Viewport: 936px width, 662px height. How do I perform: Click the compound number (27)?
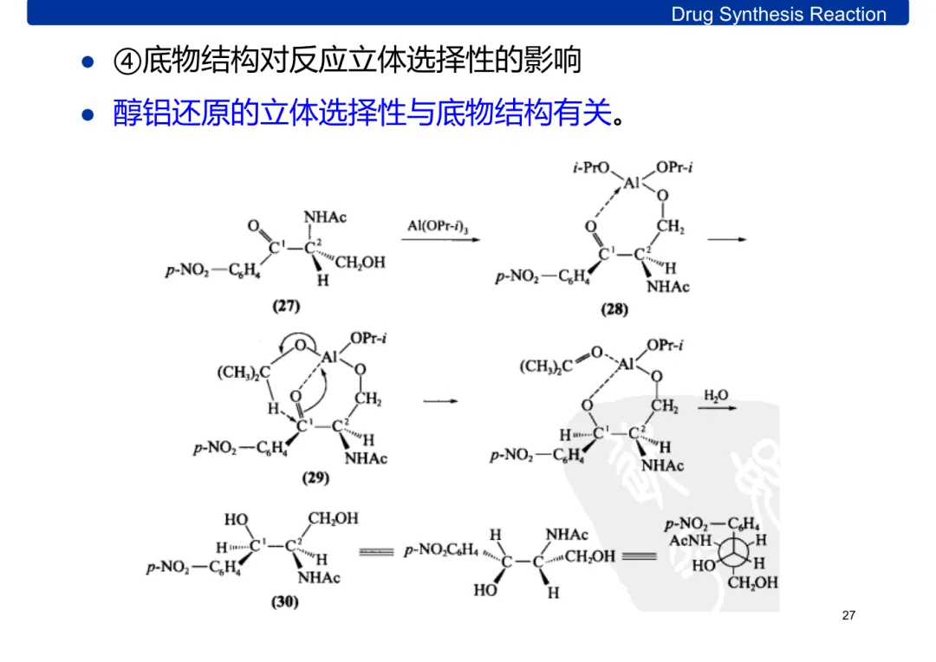[286, 305]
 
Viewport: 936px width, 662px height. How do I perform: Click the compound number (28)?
[614, 309]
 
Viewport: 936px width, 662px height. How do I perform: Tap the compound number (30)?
[284, 601]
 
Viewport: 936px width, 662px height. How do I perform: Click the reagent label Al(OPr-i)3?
[438, 226]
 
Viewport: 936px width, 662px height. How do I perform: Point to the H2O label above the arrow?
[716, 396]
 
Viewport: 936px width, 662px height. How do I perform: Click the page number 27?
[848, 615]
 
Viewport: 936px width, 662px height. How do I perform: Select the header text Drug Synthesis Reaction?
[778, 14]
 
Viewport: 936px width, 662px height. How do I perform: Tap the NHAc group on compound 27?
[325, 217]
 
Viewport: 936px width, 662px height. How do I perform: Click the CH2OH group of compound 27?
[360, 263]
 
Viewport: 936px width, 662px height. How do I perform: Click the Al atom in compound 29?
[329, 357]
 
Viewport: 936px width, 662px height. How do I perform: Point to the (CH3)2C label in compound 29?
[244, 373]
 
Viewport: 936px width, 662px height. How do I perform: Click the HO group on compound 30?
[237, 519]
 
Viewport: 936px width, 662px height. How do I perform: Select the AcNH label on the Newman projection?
[689, 540]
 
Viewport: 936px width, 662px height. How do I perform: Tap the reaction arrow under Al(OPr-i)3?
[440, 241]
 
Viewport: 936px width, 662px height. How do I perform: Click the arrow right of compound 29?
[440, 401]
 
